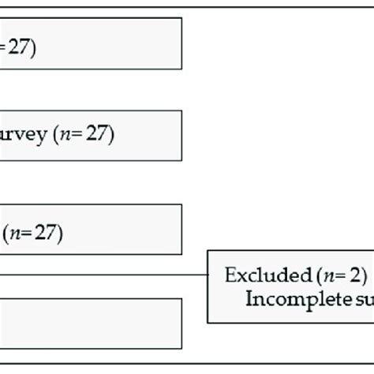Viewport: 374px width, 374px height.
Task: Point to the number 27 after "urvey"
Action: coord(97,135)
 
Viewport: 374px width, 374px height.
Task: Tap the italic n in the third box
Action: coord(14,234)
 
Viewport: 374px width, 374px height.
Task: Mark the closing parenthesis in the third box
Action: coord(60,233)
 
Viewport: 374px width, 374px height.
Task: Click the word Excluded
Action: coord(256,275)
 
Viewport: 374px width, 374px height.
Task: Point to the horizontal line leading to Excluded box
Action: coord(103,275)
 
